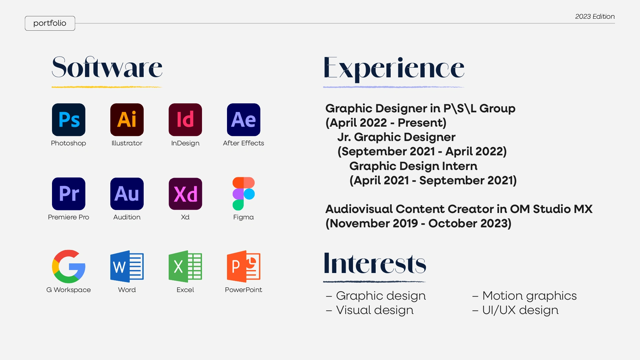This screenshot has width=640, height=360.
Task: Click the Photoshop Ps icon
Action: pos(69,120)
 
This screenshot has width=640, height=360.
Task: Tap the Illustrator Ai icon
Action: pos(127,120)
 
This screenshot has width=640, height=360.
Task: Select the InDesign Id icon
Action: pos(185,120)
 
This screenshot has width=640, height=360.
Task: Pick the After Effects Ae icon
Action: pos(244,120)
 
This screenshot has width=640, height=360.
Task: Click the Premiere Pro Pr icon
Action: pos(69,194)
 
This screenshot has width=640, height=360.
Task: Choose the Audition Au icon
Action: pos(127,194)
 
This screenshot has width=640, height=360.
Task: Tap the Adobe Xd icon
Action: pos(185,194)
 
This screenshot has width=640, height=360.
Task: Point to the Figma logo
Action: pos(244,194)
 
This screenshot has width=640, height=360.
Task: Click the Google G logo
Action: pos(69,266)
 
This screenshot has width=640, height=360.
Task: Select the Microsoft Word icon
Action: pos(127,266)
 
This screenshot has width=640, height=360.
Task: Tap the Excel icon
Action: pos(185,266)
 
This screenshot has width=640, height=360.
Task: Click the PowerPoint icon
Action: pos(244,266)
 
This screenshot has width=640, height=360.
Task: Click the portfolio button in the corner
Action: pos(50,23)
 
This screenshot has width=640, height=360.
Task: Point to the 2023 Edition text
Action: pos(595,16)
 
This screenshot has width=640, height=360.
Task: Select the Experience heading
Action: pos(394,69)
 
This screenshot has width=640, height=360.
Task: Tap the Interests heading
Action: pos(375,263)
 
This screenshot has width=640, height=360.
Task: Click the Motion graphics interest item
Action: pos(524,296)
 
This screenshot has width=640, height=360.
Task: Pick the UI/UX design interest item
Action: pos(515,310)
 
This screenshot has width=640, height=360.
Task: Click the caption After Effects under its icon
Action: pos(244,143)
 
